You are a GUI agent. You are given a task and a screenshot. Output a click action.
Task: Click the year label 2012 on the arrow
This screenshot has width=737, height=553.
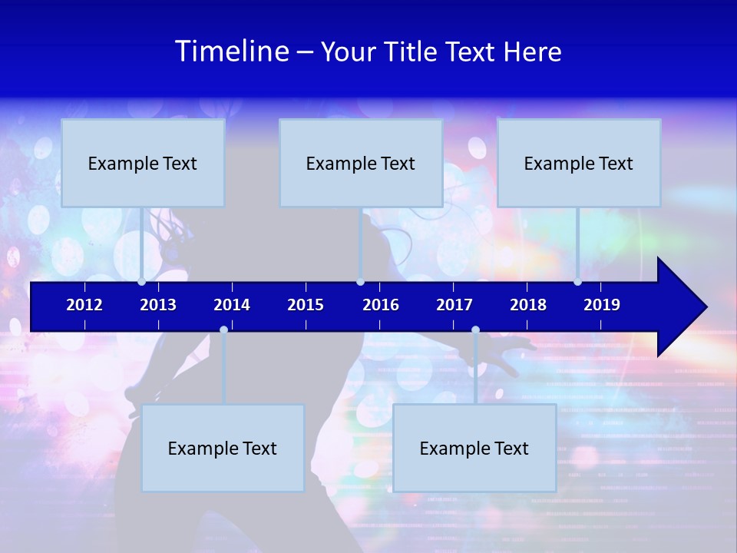84,305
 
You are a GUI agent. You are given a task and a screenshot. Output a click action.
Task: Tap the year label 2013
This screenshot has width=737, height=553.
158,305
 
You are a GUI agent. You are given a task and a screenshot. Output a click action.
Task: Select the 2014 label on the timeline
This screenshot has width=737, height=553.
232,305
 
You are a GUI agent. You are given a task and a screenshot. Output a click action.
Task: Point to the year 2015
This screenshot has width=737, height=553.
306,305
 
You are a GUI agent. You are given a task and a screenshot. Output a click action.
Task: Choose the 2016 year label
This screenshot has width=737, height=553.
381,305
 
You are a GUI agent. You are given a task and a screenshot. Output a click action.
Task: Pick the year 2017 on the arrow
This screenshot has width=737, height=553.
454,305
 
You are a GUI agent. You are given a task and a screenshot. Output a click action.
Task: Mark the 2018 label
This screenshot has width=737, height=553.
528,305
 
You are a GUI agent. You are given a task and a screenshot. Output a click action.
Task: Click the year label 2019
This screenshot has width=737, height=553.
602,305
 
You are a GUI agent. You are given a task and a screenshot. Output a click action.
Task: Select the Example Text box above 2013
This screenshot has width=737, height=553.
143,163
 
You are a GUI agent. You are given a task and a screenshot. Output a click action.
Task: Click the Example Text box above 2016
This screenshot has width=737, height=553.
361,163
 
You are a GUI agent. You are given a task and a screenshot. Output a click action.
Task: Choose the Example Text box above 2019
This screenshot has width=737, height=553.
579,163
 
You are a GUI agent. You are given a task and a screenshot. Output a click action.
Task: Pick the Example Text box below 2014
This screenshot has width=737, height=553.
223,448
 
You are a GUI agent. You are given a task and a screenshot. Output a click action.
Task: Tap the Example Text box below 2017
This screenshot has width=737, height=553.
474,448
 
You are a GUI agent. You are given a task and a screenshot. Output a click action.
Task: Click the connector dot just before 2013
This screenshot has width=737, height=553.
141,282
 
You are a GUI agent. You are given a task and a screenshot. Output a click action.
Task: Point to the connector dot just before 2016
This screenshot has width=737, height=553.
360,282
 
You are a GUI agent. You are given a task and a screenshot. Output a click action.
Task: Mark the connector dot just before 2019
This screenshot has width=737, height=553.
577,282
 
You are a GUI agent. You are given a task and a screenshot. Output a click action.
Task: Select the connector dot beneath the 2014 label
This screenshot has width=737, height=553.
223,329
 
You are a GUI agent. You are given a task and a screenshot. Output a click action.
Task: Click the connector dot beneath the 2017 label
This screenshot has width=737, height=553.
475,329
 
